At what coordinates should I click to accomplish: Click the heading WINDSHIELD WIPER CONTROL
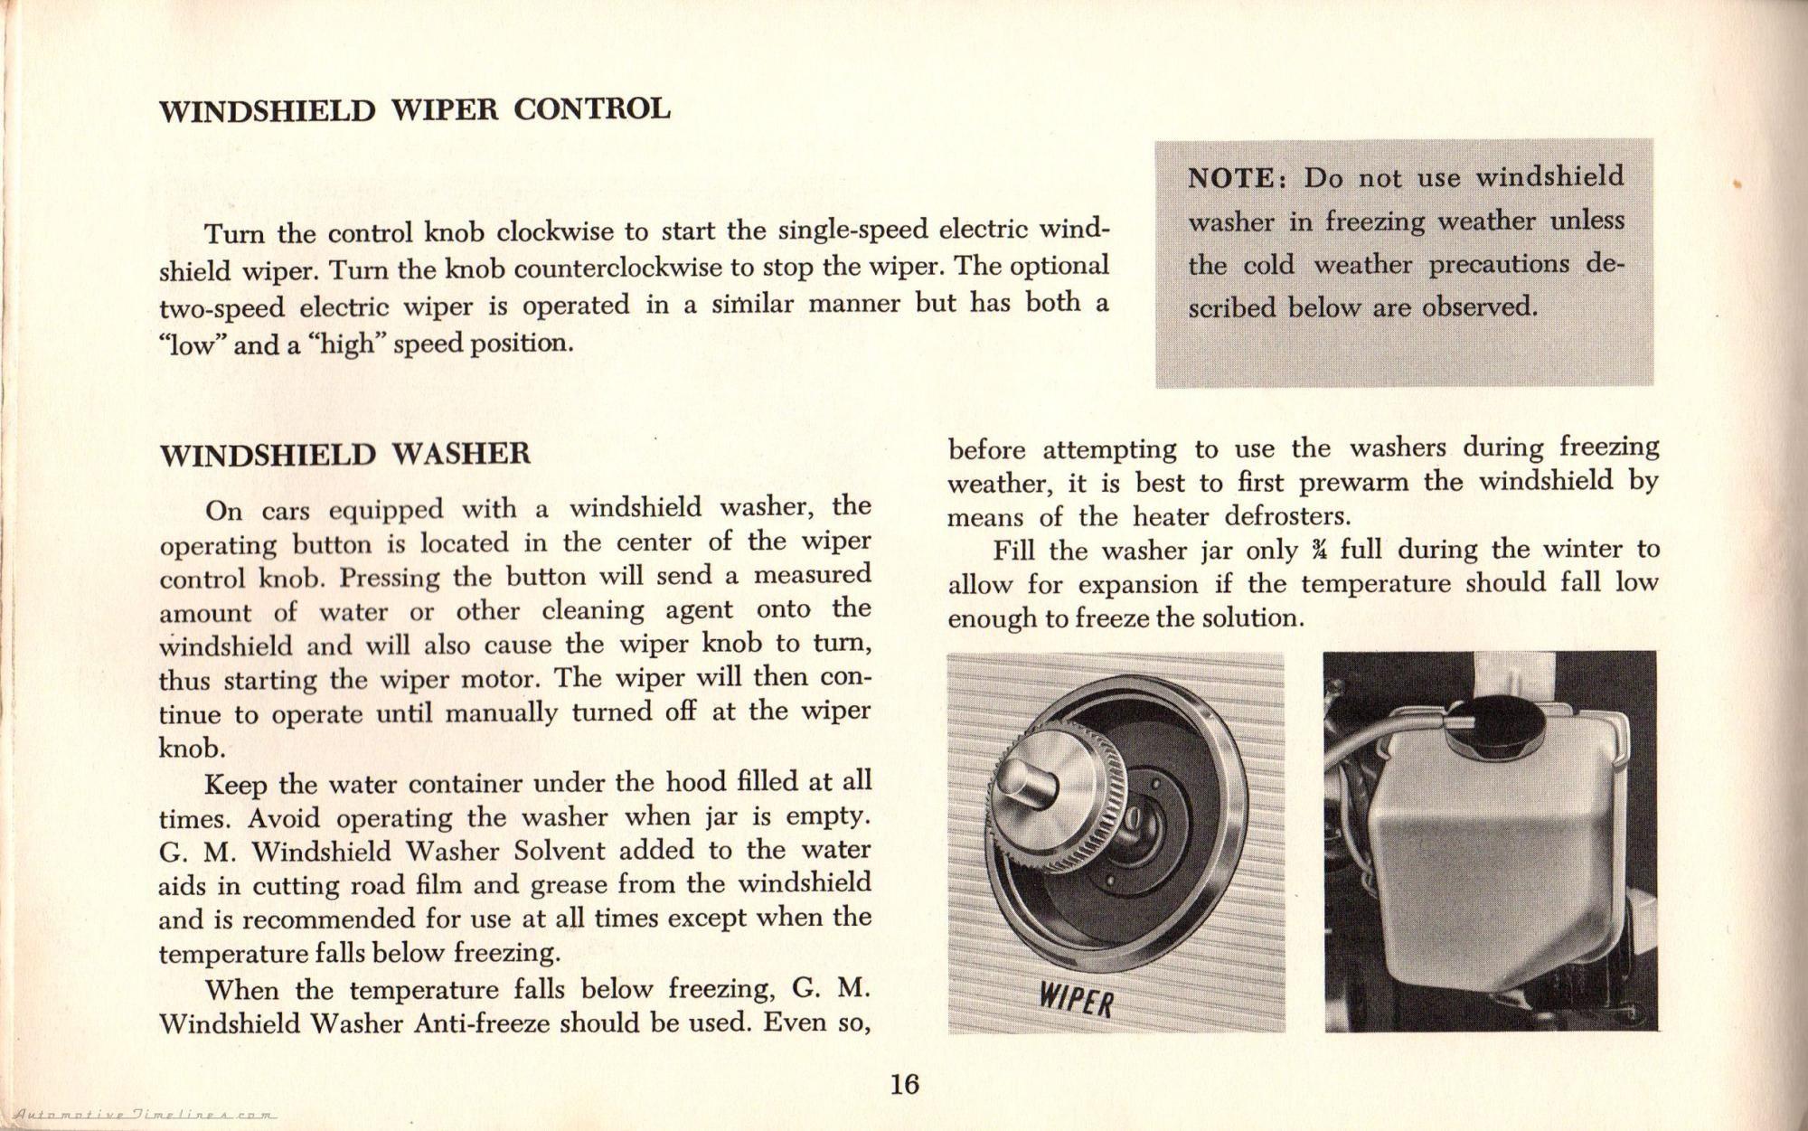[x=415, y=109]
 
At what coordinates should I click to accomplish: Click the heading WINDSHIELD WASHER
[x=344, y=453]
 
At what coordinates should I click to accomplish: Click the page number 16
[x=904, y=1083]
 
